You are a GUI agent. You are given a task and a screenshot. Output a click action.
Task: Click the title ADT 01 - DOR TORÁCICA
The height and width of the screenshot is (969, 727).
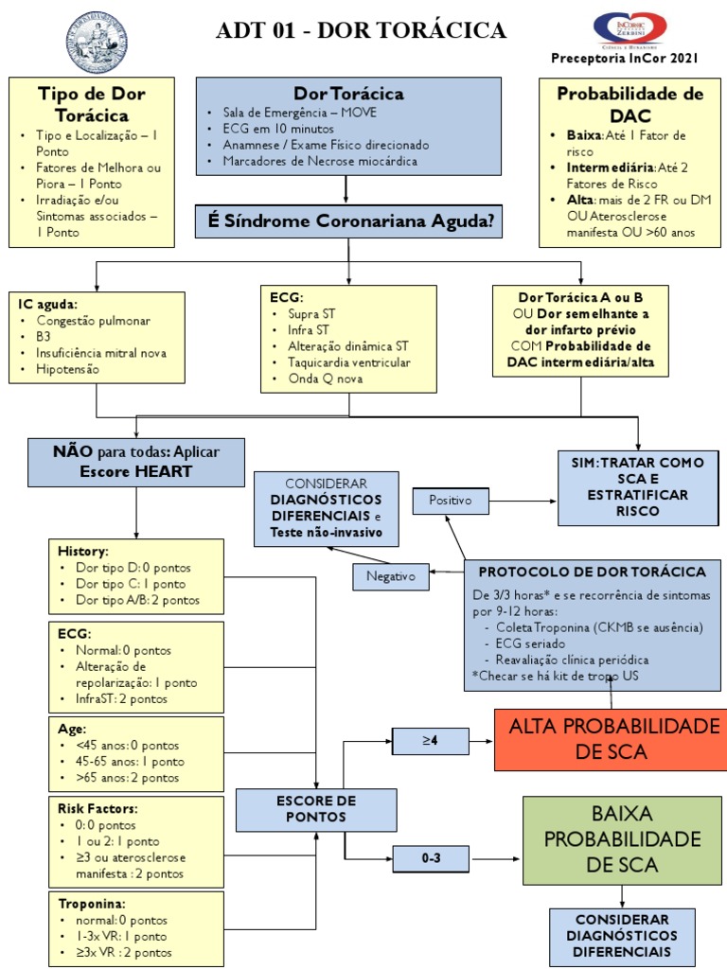(x=361, y=29)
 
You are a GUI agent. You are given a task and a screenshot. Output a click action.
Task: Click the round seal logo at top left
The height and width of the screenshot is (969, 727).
(x=98, y=42)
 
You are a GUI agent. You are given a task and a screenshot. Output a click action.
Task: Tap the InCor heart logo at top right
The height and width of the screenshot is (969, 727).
(x=629, y=29)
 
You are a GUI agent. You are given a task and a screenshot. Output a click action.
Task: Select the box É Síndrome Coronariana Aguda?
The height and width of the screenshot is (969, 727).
(x=348, y=221)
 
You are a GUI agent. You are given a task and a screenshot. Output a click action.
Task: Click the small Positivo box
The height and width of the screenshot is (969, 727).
(x=451, y=501)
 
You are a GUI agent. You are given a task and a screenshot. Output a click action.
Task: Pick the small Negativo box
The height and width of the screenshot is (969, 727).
(x=391, y=576)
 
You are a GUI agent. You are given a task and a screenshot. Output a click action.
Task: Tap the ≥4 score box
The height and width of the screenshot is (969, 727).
(x=431, y=740)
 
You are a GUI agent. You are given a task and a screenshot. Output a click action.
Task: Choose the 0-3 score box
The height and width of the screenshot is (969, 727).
(x=431, y=858)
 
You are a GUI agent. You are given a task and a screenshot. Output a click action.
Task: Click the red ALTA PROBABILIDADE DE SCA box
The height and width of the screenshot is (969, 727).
(x=612, y=739)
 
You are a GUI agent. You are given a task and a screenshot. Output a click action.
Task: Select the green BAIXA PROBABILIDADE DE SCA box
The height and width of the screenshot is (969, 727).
(x=622, y=840)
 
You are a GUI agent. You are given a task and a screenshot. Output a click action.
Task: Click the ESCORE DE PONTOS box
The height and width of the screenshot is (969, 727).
(x=316, y=810)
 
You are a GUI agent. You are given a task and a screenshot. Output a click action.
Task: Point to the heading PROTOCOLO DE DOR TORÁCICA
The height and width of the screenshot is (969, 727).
(x=593, y=572)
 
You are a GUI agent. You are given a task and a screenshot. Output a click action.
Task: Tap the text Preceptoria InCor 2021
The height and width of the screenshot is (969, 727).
(x=625, y=58)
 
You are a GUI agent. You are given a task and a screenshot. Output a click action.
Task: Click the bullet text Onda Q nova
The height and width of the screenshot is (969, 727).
(x=326, y=379)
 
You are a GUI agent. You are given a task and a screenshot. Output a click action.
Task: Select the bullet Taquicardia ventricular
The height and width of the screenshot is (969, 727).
(x=348, y=362)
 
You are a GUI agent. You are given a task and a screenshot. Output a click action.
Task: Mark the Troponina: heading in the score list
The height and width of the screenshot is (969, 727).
(x=92, y=904)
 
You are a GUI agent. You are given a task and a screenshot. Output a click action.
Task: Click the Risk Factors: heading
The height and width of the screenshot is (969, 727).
(x=98, y=808)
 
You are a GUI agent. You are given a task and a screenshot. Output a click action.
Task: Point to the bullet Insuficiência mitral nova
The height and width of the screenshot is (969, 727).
(x=101, y=353)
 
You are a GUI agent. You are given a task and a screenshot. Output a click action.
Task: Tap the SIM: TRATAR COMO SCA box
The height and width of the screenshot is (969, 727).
(x=638, y=487)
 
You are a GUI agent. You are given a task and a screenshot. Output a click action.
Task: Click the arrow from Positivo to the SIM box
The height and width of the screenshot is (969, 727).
(x=523, y=501)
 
